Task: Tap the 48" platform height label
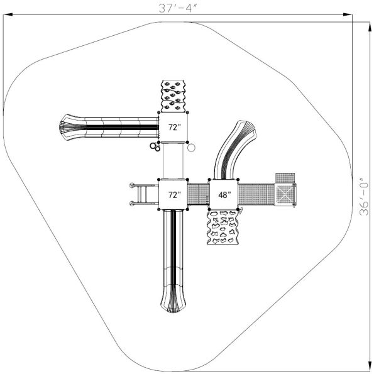coord(224,195)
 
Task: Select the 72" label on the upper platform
coord(173,127)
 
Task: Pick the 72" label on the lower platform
coord(173,195)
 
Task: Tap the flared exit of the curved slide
coord(246,131)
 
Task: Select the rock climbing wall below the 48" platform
coord(224,228)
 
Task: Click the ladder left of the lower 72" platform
coord(144,194)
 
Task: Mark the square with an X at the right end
coord(286,194)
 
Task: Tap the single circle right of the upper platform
coord(192,148)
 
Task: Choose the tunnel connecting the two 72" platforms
coord(174,161)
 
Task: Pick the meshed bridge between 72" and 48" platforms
coord(199,194)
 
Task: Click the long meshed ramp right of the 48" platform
coord(256,194)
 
